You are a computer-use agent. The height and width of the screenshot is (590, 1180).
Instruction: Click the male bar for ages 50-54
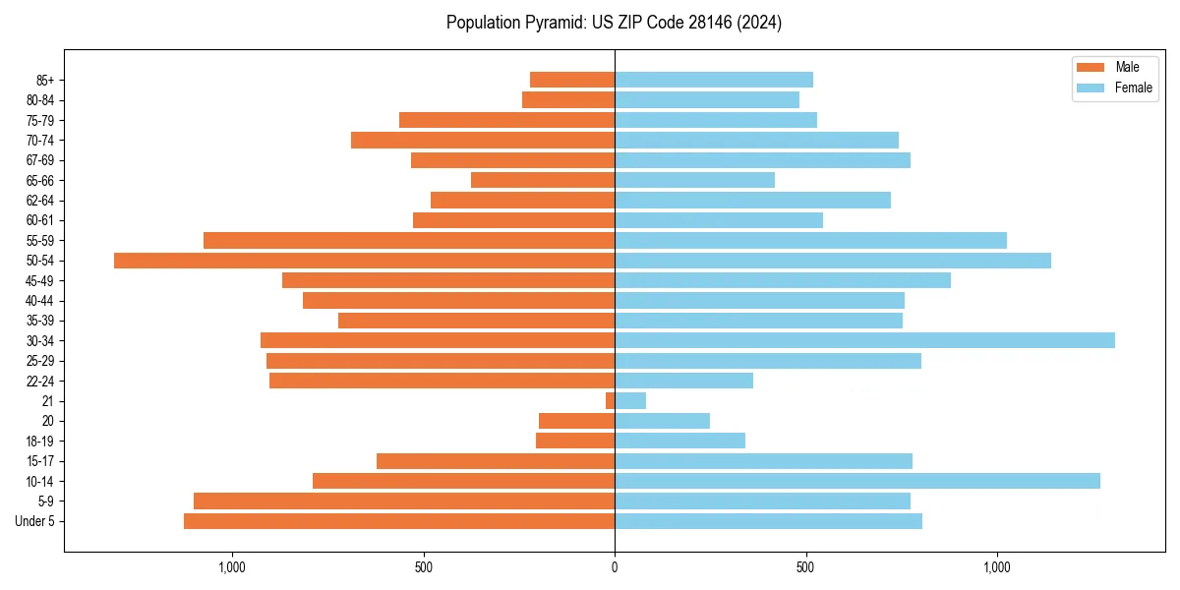pos(364,261)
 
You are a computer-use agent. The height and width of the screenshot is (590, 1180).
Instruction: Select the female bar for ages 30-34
pos(864,340)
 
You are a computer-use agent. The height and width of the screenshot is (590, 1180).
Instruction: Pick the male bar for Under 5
pos(399,521)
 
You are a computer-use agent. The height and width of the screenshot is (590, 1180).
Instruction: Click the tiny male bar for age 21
pos(611,401)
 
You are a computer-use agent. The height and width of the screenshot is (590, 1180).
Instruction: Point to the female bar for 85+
pos(714,80)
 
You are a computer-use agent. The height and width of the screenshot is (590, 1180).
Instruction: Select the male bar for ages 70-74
pos(483,140)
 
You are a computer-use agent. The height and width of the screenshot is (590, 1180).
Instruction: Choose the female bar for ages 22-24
pos(683,381)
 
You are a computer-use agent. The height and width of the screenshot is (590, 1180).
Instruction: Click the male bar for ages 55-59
pos(409,240)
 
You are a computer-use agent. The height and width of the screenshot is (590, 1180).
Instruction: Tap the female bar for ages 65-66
pos(694,180)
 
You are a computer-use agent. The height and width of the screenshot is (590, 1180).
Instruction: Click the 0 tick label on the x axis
pos(615,567)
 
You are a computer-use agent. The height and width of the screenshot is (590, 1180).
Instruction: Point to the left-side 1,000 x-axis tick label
pos(232,567)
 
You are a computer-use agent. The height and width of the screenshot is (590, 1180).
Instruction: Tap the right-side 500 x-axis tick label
pos(805,567)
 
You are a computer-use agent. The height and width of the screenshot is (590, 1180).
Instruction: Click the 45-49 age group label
pos(40,281)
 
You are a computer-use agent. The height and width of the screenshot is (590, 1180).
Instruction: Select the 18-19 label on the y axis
pos(40,442)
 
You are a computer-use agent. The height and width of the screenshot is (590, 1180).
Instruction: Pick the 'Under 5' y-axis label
pos(35,521)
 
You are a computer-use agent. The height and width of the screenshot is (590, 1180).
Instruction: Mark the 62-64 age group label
pos(40,201)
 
